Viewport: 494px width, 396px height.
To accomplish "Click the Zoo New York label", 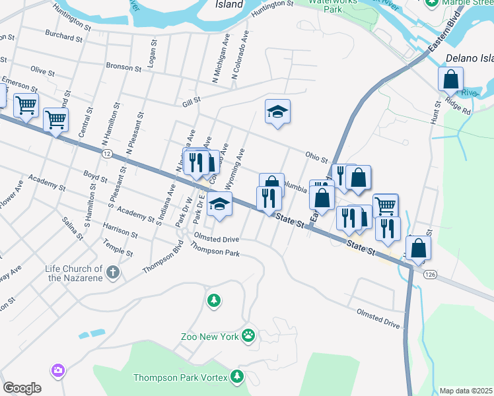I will [209, 337].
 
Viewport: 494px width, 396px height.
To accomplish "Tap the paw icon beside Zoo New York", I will [248, 336].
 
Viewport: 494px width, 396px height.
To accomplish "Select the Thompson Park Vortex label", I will [181, 378].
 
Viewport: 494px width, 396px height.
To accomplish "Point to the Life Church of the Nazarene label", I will [73, 273].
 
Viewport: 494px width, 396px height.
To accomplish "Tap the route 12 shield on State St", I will [106, 153].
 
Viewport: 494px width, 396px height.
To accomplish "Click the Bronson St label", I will [123, 67].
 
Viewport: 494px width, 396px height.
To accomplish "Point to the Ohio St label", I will [316, 156].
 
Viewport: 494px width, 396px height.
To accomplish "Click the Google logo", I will [22, 388].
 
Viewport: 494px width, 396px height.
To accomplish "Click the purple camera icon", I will [58, 371].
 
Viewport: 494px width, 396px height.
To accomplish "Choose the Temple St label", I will [118, 248].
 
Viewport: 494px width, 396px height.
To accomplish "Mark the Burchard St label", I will [64, 35].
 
